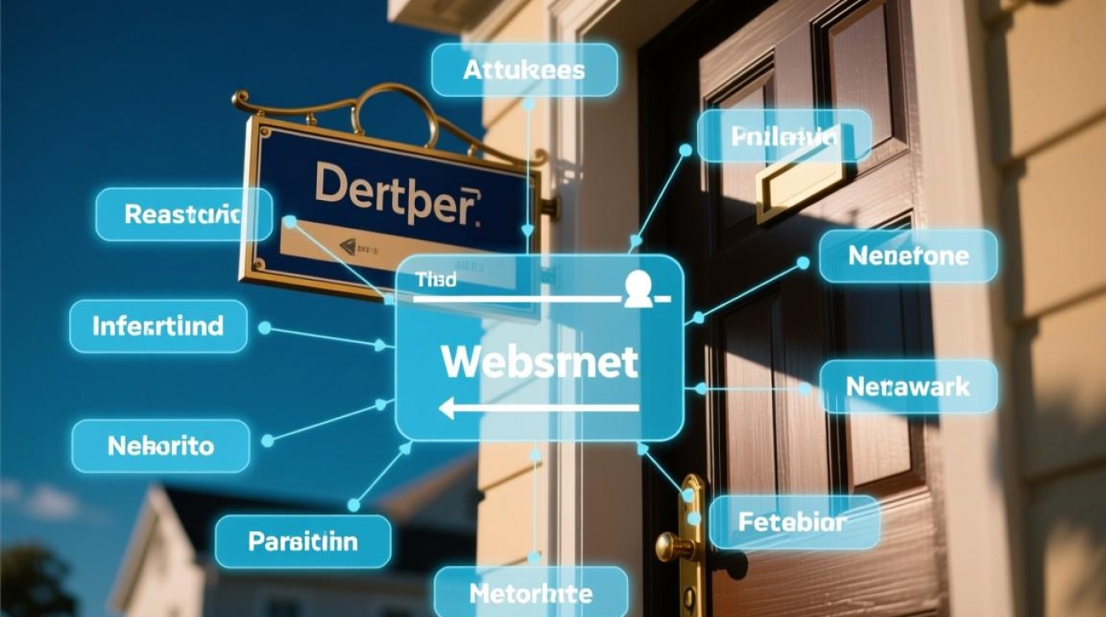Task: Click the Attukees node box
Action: coord(523,70)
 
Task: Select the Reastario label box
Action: coord(184,215)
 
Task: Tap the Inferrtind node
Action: coord(158,327)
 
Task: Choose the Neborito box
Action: coord(160,446)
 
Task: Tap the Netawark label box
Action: coord(908,386)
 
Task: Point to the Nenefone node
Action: coord(908,256)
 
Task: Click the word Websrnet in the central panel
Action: coord(539,361)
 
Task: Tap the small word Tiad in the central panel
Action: coord(435,281)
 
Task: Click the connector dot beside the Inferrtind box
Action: coord(264,327)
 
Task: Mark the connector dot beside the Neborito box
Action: coord(266,441)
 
